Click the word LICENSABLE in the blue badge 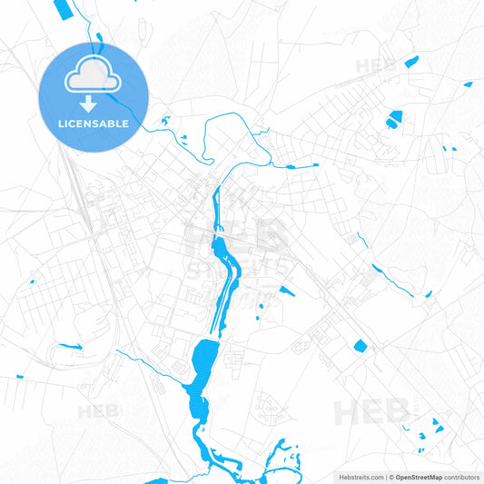(92, 123)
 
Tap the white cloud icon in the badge (92, 79)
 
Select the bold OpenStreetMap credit (419, 476)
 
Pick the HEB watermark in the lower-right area (371, 412)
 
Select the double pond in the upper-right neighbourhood (393, 118)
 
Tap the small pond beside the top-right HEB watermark (411, 62)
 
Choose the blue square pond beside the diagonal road (359, 345)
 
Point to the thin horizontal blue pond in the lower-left (69, 345)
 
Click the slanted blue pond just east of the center (286, 291)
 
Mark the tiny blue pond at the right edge (468, 84)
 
